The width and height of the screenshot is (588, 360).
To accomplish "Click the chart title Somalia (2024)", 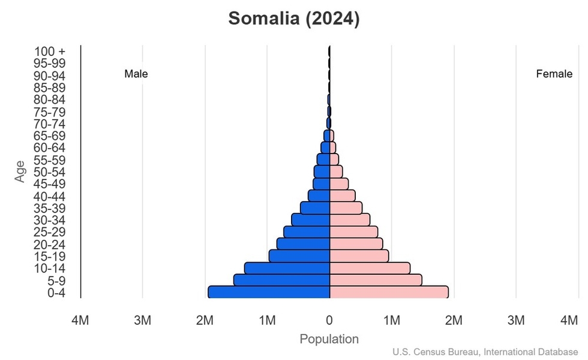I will [x=294, y=19].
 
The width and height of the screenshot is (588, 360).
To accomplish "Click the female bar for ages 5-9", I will [x=376, y=280].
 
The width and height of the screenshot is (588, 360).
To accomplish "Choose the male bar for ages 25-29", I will [x=307, y=232].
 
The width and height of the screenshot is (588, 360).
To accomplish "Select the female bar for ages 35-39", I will [x=346, y=208].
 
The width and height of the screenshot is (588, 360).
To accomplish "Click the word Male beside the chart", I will [x=136, y=74].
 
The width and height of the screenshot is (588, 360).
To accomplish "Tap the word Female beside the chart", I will [x=554, y=74].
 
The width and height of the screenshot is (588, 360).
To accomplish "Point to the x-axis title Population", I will [x=329, y=339].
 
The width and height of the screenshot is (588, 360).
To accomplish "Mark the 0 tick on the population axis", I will [x=329, y=321].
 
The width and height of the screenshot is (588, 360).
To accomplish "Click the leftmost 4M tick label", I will [x=80, y=321].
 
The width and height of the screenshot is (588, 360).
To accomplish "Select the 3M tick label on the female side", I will [x=516, y=321].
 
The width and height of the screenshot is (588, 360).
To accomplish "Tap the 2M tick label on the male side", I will [x=205, y=321].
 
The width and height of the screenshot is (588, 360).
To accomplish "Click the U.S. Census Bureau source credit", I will [x=486, y=352].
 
